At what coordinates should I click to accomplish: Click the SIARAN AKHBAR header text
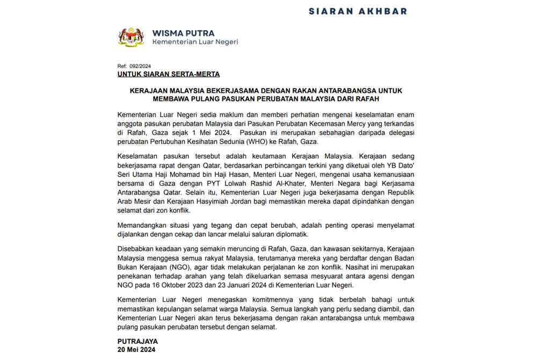coord(358,11)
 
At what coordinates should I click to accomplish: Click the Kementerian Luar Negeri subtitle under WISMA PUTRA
coord(195,42)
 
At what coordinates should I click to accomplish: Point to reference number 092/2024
coord(140,66)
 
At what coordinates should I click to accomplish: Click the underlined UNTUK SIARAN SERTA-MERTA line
coord(168,74)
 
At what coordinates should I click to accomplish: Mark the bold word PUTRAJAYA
coord(138,341)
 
